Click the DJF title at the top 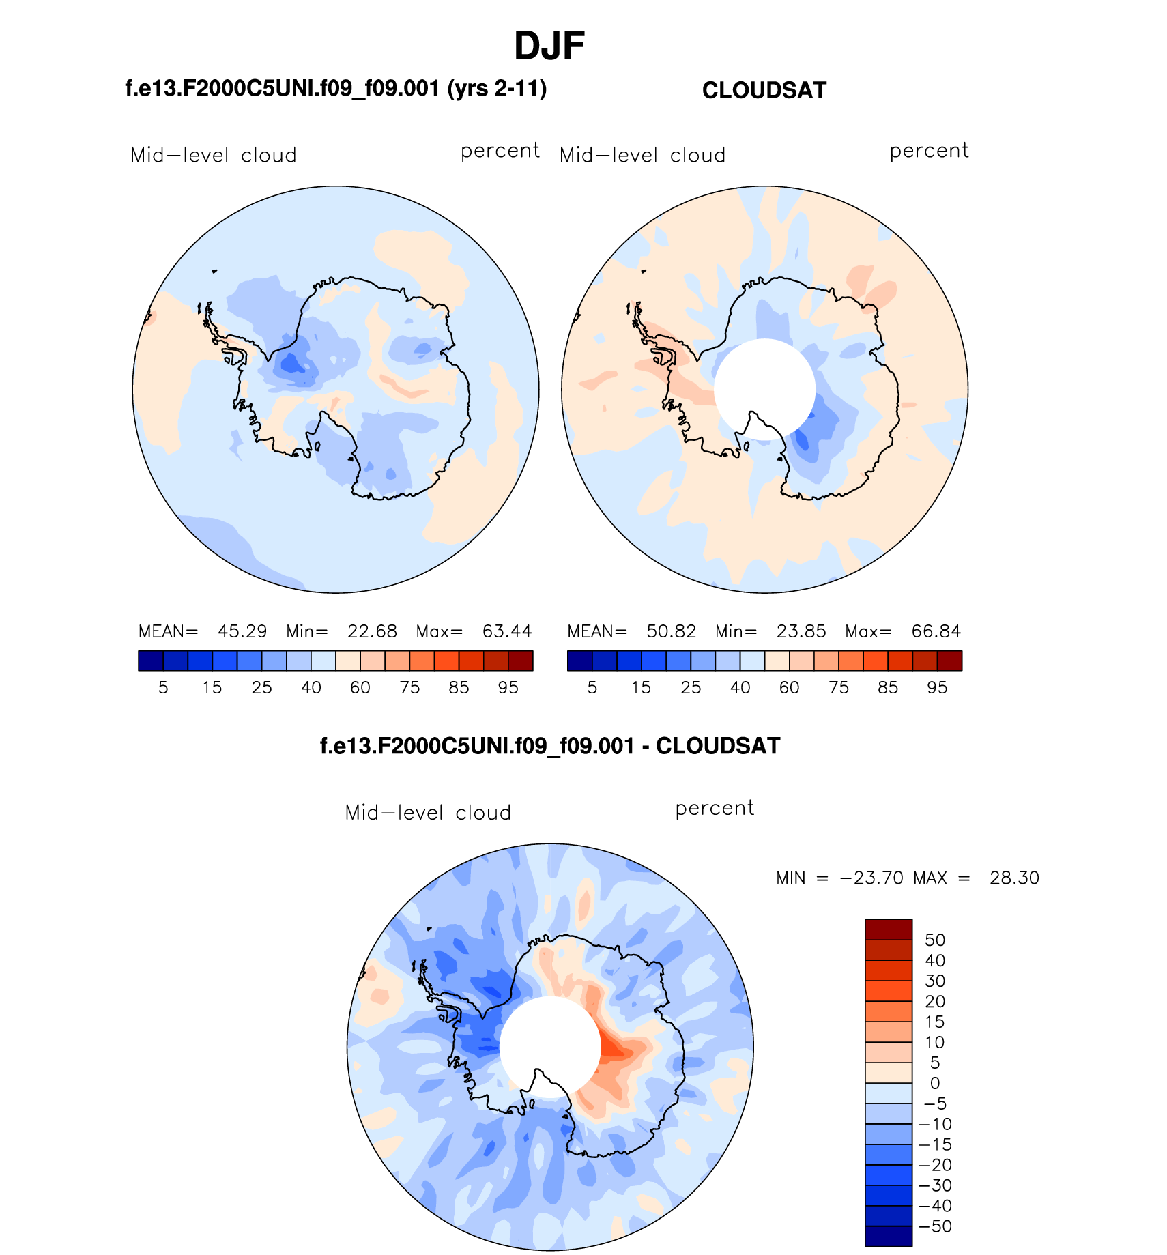[x=549, y=46]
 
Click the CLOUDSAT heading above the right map [x=764, y=90]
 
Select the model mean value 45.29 [x=242, y=631]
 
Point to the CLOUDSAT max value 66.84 [x=936, y=631]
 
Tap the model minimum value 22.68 [x=372, y=631]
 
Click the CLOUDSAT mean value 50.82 [x=671, y=631]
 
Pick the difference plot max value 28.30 [x=1014, y=878]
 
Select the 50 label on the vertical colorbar [x=934, y=940]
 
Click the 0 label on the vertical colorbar [x=935, y=1083]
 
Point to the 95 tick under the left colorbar [x=508, y=688]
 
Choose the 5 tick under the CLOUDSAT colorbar [x=592, y=688]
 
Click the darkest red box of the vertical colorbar [x=888, y=929]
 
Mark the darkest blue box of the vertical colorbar [x=888, y=1236]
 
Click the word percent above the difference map [x=714, y=809]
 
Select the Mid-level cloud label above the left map [x=213, y=156]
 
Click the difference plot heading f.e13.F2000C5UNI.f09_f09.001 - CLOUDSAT [x=549, y=746]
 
